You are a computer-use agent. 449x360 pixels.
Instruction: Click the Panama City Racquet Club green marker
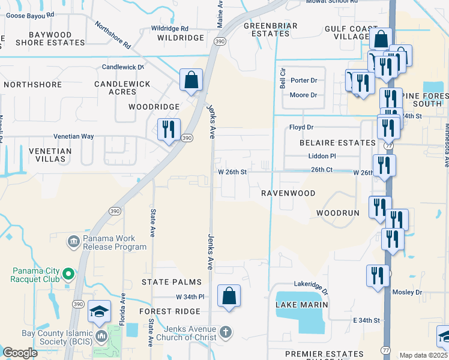click(68, 274)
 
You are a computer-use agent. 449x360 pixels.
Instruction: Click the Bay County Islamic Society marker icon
click(100, 334)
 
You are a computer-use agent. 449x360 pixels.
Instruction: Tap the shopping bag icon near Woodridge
click(191, 80)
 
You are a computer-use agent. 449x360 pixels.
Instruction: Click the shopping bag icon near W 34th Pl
click(229, 296)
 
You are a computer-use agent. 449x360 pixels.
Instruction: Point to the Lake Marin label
click(301, 305)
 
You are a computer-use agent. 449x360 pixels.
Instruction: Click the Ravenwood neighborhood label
click(288, 193)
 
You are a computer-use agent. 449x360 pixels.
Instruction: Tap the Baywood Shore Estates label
click(50, 39)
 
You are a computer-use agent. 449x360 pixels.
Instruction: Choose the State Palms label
click(168, 281)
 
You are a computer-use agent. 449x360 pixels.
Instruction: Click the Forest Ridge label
click(169, 311)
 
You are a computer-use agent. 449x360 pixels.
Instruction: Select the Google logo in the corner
click(20, 353)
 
